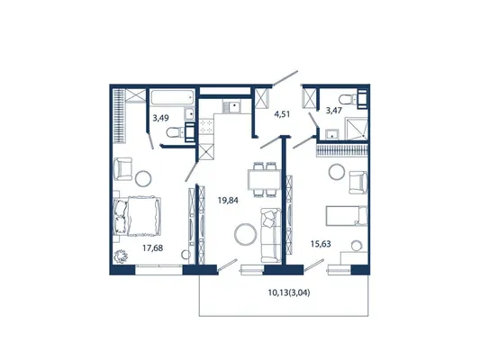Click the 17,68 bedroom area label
click(153, 247)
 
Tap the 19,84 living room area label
click(228, 201)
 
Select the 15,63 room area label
click(321, 244)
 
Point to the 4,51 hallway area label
click(282, 114)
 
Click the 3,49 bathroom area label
click(160, 118)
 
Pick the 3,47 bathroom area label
click(334, 110)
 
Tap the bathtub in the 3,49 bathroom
click(172, 97)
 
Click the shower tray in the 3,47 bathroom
click(357, 129)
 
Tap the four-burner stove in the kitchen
click(206, 126)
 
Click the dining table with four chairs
click(264, 180)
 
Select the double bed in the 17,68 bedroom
click(137, 216)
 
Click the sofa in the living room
click(271, 235)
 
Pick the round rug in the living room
click(246, 234)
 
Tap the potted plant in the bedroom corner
click(121, 256)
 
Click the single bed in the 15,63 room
click(346, 216)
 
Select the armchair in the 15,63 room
click(358, 183)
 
